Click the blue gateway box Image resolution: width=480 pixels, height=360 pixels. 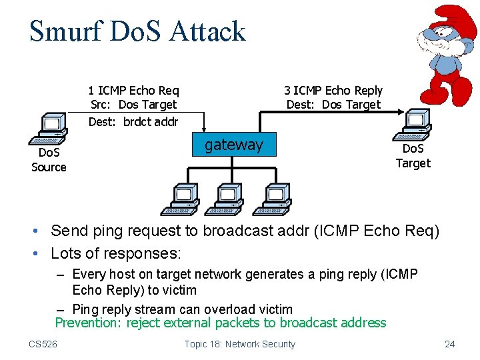[x=234, y=145]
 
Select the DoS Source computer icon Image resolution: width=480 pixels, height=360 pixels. [x=48, y=129]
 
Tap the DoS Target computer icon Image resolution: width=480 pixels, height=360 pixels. [x=412, y=125]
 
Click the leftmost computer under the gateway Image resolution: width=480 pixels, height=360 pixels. [x=180, y=199]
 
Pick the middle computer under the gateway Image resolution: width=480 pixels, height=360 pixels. [x=224, y=199]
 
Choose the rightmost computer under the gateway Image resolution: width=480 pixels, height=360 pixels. [x=272, y=199]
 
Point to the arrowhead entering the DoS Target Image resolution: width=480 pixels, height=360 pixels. [x=401, y=112]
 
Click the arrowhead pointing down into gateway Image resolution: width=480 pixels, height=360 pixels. [x=204, y=129]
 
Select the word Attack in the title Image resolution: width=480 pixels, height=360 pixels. [x=207, y=31]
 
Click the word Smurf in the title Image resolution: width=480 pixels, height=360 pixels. [x=66, y=31]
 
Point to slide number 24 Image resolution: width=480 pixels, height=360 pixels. [x=450, y=344]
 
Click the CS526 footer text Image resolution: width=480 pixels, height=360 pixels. [x=43, y=344]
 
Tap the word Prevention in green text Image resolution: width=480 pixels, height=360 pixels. [x=88, y=323]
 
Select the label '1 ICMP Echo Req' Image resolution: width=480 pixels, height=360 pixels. [x=133, y=91]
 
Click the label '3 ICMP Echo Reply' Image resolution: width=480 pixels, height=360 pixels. [x=333, y=91]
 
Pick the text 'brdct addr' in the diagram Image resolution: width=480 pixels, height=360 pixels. [x=151, y=122]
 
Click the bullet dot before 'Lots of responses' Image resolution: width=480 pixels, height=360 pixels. [x=35, y=253]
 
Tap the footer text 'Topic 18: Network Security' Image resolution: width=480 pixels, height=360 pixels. [x=240, y=344]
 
